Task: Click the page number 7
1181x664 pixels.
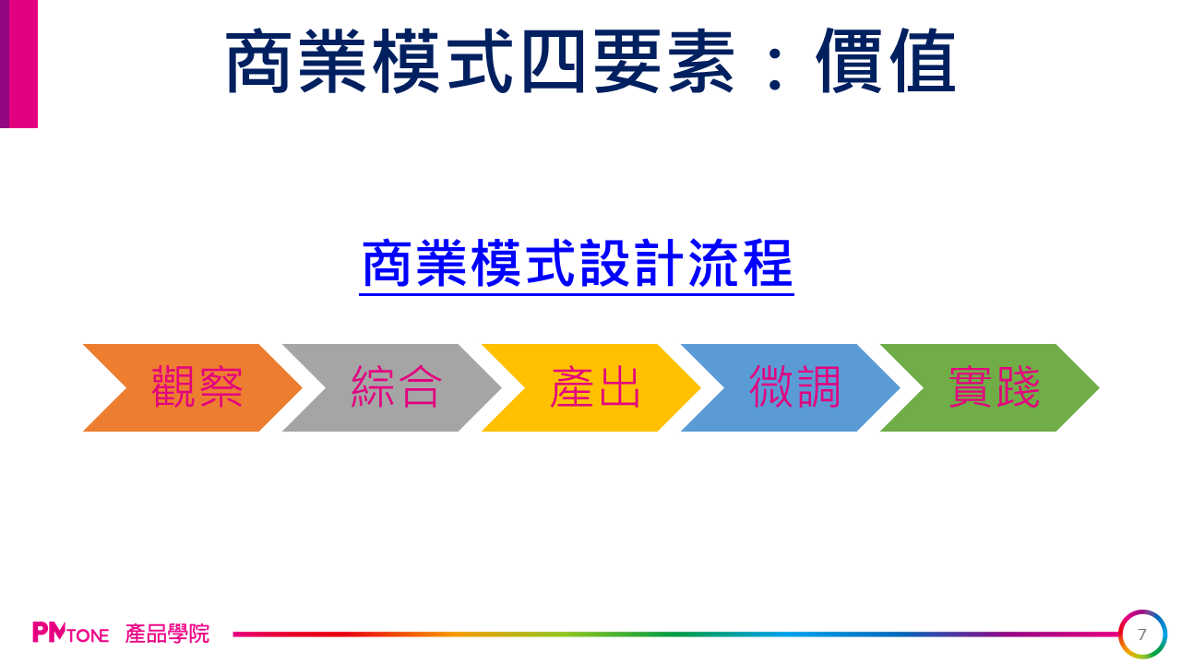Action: coord(1142,634)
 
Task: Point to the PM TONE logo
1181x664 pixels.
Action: coord(71,633)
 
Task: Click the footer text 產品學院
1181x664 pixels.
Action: coord(167,634)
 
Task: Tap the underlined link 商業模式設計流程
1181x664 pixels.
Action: coord(577,264)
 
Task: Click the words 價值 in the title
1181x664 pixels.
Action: coord(886,61)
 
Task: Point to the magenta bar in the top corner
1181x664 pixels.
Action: coord(19,64)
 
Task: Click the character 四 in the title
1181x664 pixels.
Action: coord(554,62)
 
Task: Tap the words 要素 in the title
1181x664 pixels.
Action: coord(664,61)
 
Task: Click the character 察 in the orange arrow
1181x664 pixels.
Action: coord(221,387)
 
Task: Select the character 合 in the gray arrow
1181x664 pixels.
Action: coord(420,387)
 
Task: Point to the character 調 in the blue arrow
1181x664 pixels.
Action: coord(818,387)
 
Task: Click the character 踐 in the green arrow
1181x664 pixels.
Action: coord(1018,387)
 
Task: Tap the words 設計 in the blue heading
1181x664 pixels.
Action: coord(632,263)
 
